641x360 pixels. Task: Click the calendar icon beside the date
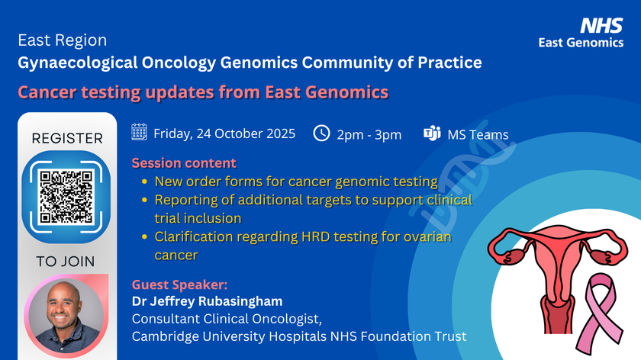139,133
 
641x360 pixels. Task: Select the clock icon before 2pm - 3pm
322,133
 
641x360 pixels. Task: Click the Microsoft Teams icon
432,134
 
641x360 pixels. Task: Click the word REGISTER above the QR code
67,139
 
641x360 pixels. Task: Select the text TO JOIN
66,262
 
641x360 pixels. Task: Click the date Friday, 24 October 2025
224,134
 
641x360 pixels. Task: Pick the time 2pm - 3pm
369,134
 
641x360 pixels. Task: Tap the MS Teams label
478,135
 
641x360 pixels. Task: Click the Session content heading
184,163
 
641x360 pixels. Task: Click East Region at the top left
63,40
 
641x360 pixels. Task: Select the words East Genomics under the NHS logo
581,43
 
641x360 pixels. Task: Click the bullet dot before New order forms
145,182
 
